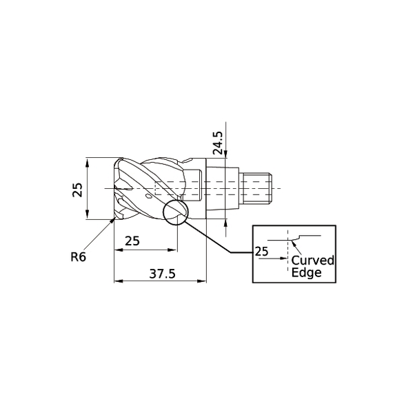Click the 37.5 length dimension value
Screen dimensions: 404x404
163,274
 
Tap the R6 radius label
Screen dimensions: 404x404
78,257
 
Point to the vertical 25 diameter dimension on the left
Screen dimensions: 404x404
78,188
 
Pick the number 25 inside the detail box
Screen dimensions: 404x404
261,252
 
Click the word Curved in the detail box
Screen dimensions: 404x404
312,261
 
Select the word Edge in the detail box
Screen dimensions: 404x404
306,272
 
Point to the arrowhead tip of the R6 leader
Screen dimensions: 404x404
113,219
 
